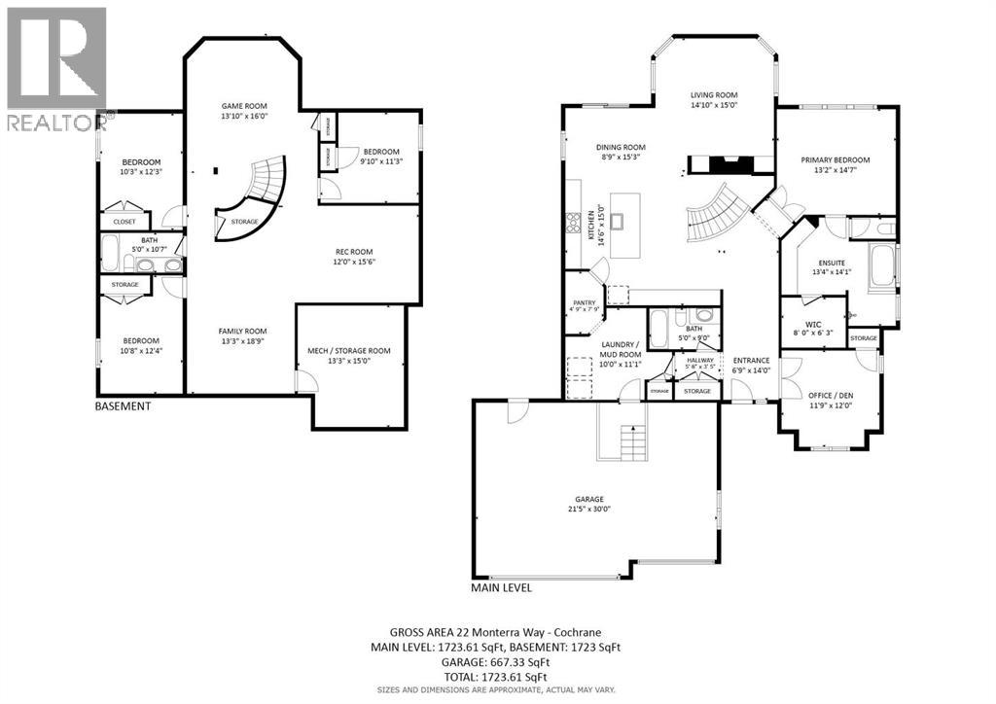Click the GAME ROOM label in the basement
[244, 106]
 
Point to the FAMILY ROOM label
[242, 331]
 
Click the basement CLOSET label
[124, 222]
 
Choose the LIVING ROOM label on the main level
[715, 94]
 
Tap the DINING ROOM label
[621, 148]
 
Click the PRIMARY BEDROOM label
[835, 159]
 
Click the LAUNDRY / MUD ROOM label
[620, 350]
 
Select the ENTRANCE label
[751, 360]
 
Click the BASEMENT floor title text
[123, 406]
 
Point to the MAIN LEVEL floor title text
[502, 587]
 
